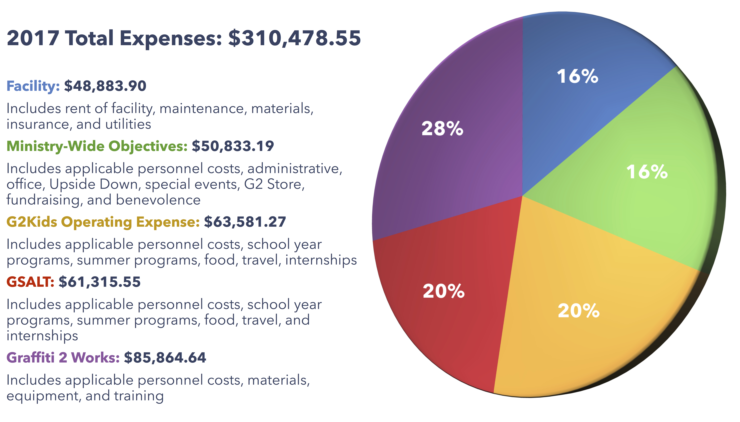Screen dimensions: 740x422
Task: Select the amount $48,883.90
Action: click(105, 86)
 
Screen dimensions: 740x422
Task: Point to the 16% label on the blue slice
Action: click(577, 76)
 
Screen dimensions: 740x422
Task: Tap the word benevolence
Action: click(158, 200)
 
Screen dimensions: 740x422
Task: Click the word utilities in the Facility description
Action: click(128, 124)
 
